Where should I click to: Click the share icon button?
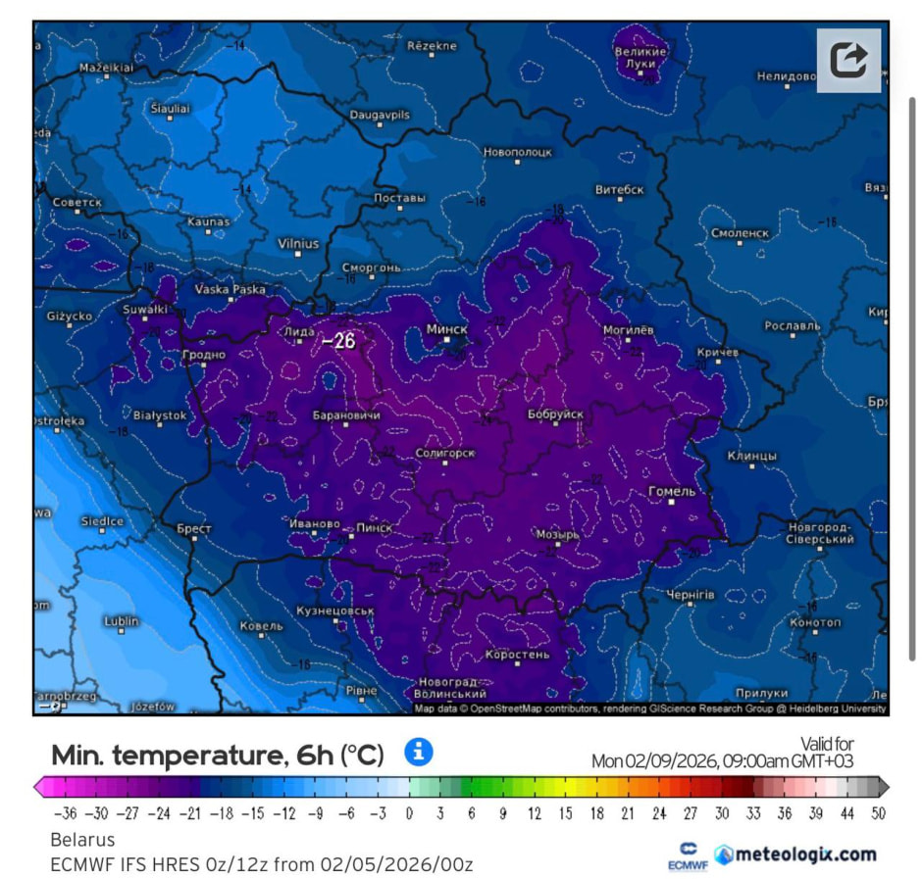[848, 60]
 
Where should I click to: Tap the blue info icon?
[419, 752]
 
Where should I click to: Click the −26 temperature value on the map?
[338, 341]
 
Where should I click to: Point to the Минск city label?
[446, 329]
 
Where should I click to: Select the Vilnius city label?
[298, 243]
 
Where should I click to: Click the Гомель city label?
[672, 491]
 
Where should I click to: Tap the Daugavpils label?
[380, 115]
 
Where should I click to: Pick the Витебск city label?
[620, 189]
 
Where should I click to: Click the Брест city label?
[194, 528]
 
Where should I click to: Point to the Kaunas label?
[208, 222]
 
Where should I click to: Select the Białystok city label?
[159, 415]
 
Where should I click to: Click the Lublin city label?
[121, 621]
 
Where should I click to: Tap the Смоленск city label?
[741, 233]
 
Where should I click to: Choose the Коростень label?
[518, 655]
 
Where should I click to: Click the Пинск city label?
[374, 527]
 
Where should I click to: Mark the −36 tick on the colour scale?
[65, 812]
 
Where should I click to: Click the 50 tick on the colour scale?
[878, 812]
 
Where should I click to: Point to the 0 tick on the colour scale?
[409, 812]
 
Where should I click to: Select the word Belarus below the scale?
[82, 840]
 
